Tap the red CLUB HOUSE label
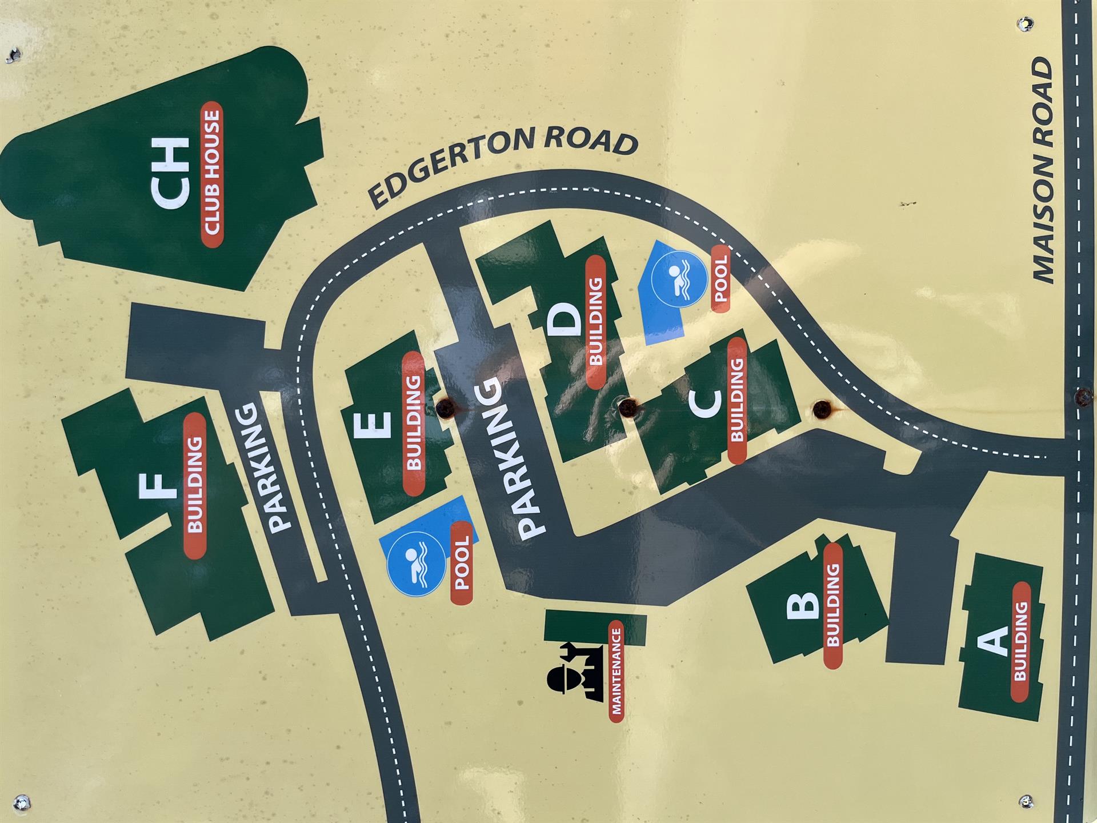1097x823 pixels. [212, 174]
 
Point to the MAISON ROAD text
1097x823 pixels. [1043, 171]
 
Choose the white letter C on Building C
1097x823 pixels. [704, 402]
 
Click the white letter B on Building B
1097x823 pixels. [803, 606]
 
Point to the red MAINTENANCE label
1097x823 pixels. [616, 671]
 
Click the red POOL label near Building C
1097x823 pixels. [720, 278]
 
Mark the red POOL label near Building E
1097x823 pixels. [462, 562]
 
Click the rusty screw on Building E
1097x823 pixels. [446, 407]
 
